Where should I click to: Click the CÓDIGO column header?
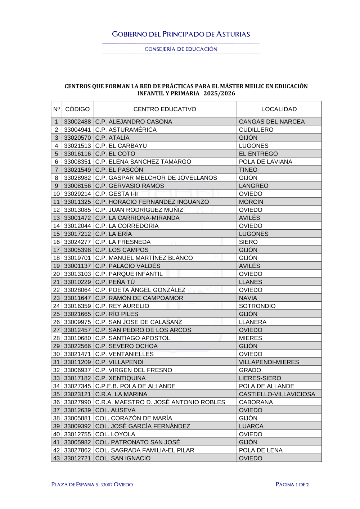coord(77,109)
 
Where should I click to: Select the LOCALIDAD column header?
coord(279,109)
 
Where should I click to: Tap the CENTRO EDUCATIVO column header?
coord(165,109)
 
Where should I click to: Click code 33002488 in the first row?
coord(77,122)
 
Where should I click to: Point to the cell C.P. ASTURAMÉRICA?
coord(126,130)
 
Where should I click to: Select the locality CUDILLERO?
coord(256,130)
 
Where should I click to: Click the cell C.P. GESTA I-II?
coord(117,194)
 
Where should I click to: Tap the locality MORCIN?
coord(251,202)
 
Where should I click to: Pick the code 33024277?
coord(77,242)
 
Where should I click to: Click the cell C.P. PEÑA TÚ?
coord(115,282)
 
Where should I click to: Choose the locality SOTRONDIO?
coord(257,306)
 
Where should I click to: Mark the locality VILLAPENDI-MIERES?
coord(269,362)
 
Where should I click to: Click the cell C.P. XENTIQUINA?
coord(121,378)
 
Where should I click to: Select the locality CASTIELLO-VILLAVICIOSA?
coord(277,394)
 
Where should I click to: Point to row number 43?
coord(57,458)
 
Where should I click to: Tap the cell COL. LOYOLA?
coord(115,434)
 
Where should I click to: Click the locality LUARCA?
coord(251,426)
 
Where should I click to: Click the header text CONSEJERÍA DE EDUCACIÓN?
coord(181,49)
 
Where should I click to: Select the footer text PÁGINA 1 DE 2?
coord(292,485)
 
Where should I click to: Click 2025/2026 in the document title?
coord(219,93)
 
